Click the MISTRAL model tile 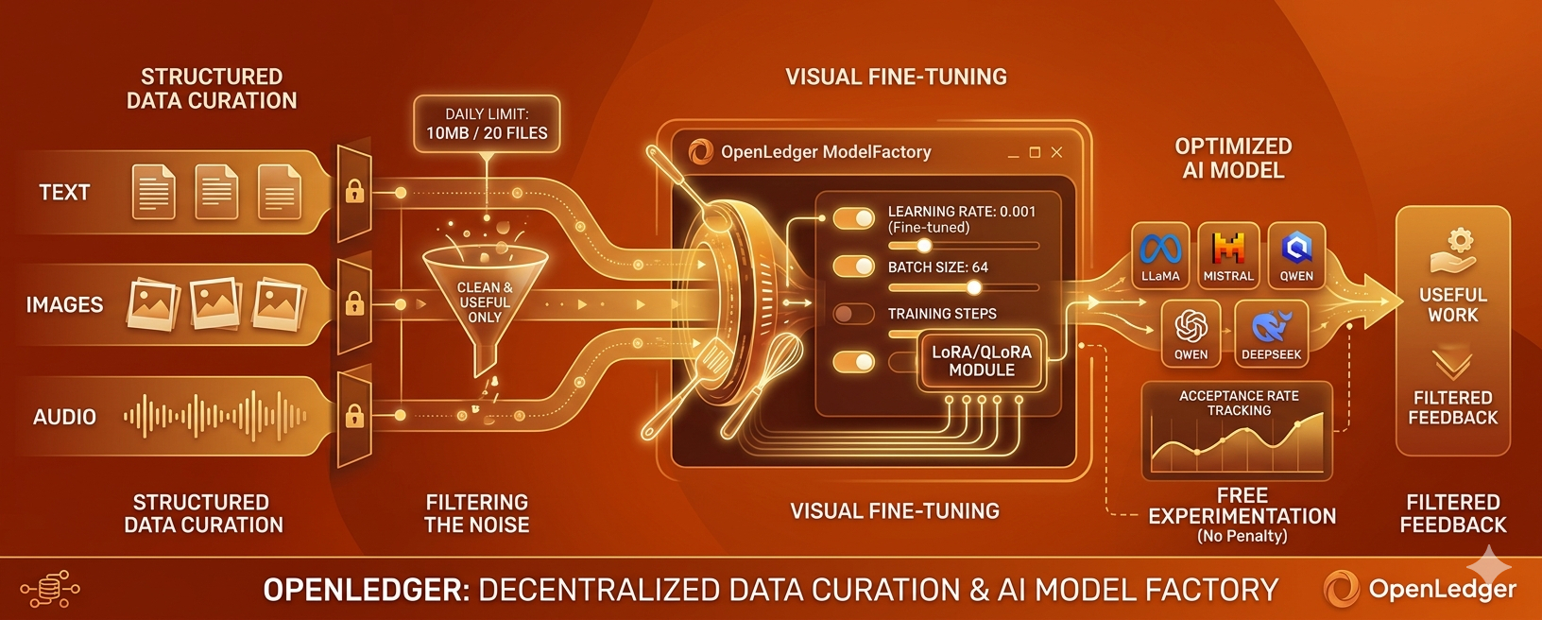(1228, 255)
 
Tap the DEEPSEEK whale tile (1271, 334)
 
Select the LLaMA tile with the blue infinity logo (1160, 255)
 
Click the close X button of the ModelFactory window (1056, 152)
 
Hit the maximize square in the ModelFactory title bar (1035, 152)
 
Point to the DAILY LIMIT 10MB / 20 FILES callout (487, 124)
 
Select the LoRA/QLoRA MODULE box (982, 361)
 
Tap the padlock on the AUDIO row (354, 416)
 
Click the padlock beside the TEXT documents (354, 191)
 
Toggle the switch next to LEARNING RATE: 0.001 (853, 219)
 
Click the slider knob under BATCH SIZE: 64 (973, 287)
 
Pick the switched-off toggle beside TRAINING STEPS (853, 314)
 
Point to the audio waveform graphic (214, 416)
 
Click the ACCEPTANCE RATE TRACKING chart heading (1239, 403)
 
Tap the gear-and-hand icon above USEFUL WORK (1452, 251)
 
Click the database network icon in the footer (49, 589)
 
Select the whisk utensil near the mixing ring (761, 385)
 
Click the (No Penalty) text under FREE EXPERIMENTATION (1242, 536)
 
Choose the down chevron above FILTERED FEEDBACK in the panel (1452, 366)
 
